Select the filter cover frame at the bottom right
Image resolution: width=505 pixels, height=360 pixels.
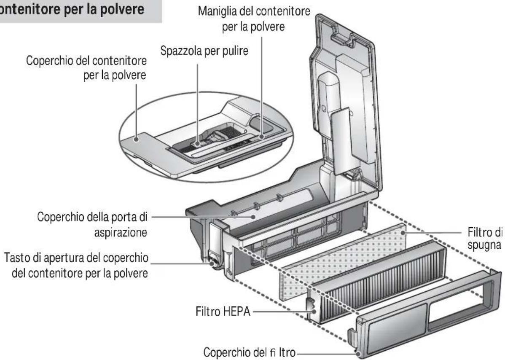tap(426, 312)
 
